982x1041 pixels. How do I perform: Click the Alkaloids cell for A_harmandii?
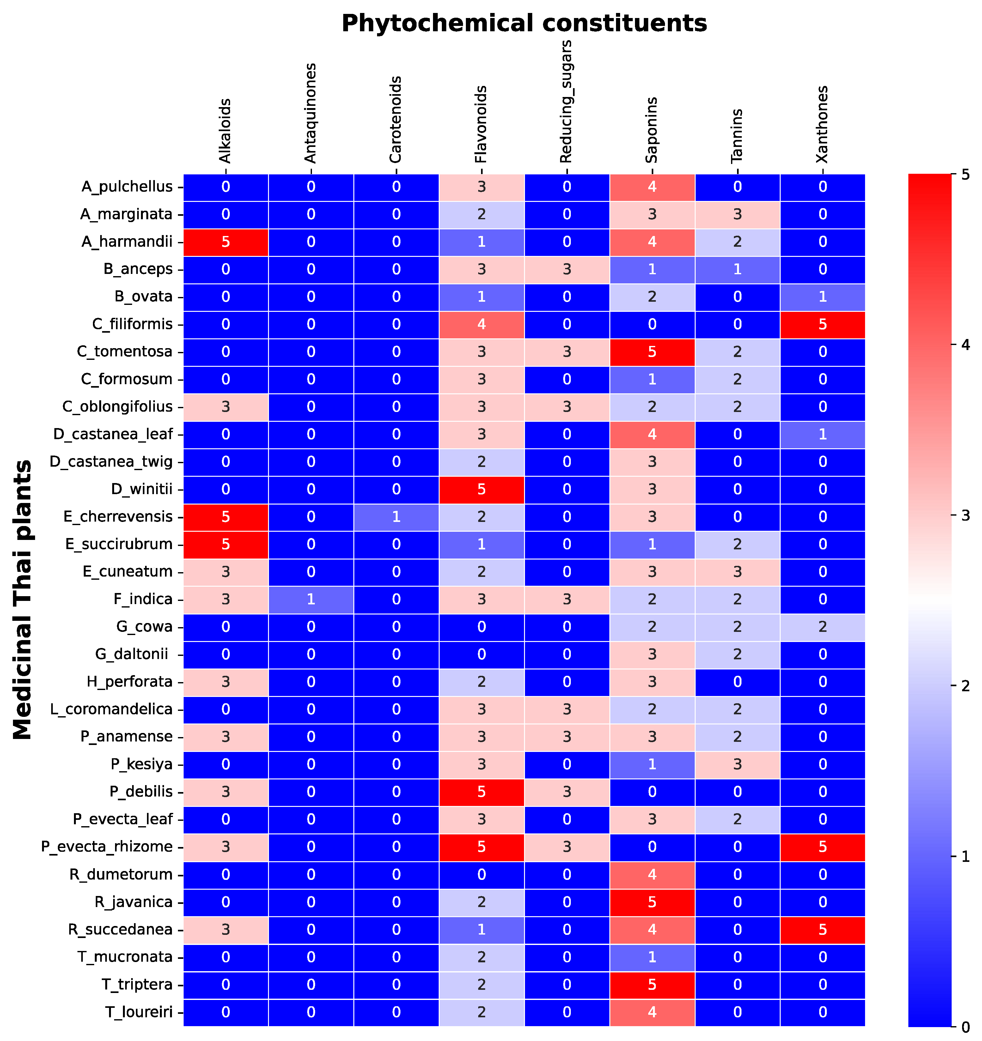[226, 242]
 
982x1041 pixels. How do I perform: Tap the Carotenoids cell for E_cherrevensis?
[396, 517]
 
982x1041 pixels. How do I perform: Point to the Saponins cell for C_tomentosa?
[652, 352]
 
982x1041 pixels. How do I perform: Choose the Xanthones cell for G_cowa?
[822, 627]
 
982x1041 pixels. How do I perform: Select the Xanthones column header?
[822, 124]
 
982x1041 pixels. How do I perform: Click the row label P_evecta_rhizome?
[107, 847]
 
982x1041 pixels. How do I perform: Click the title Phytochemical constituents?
[524, 24]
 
